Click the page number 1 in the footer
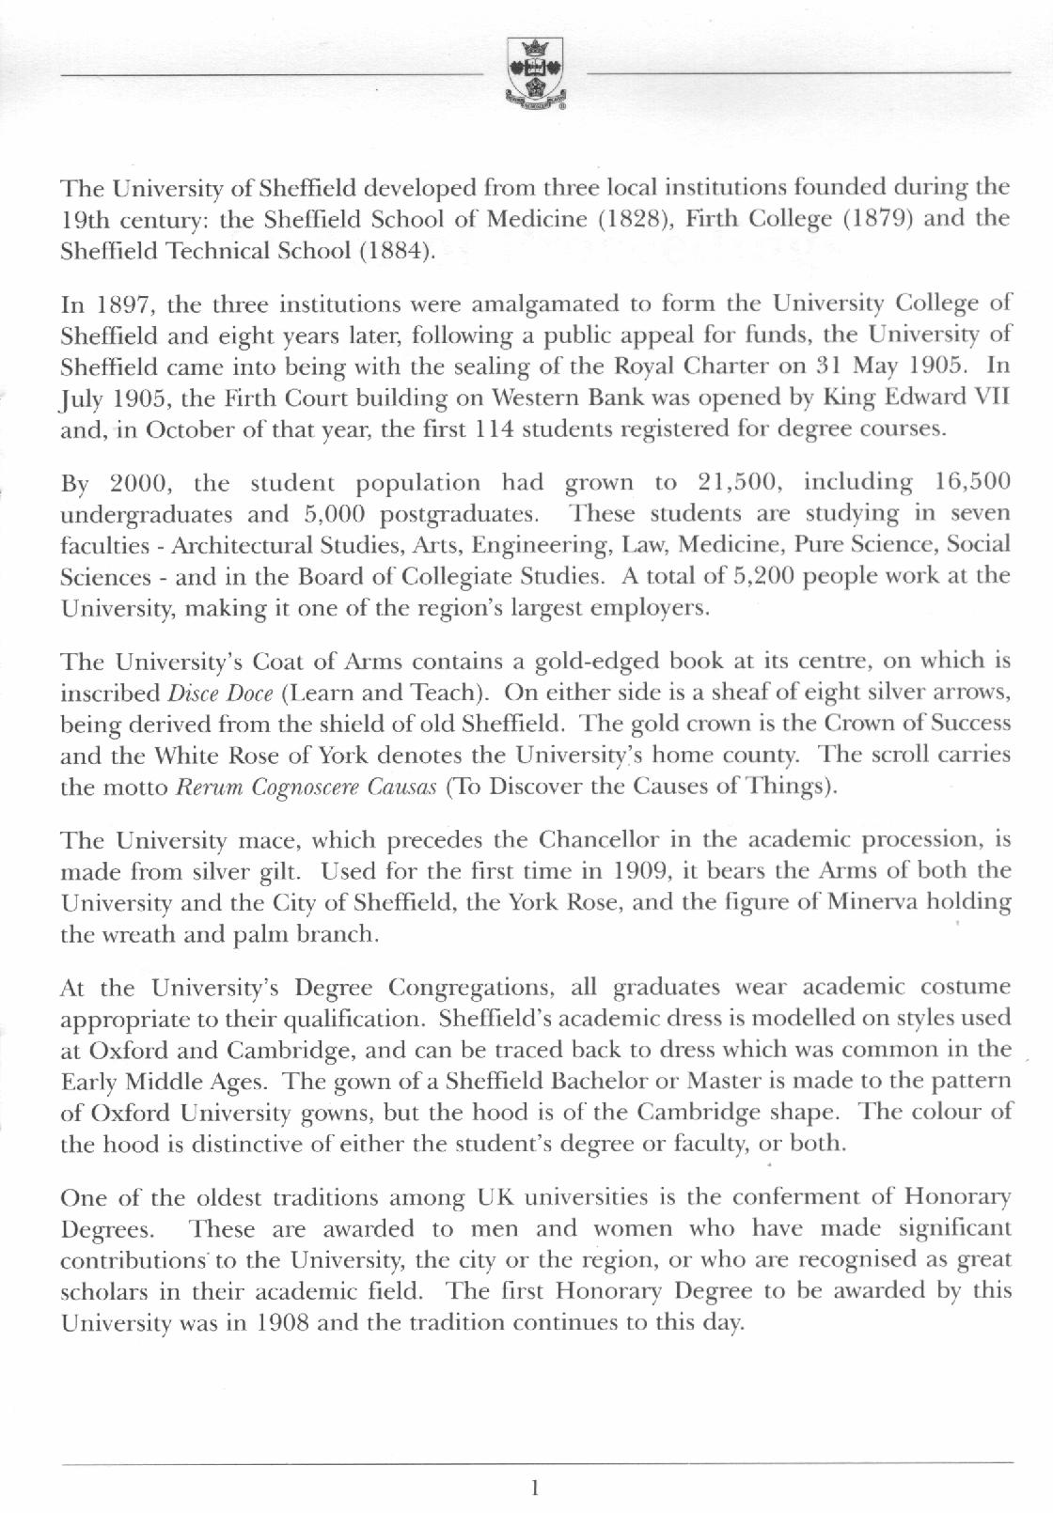click(x=535, y=1488)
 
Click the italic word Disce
click(x=191, y=694)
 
